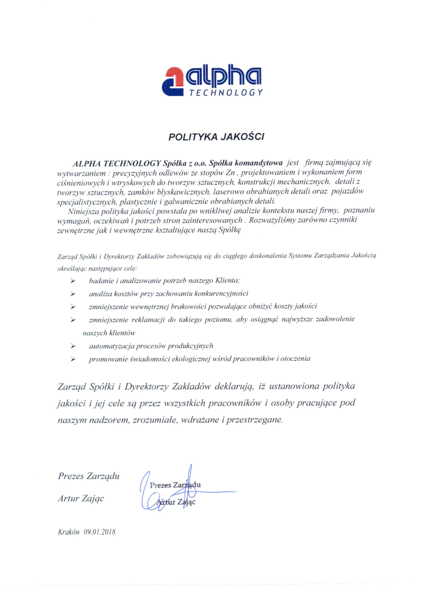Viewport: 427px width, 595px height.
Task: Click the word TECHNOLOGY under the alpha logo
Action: point(226,93)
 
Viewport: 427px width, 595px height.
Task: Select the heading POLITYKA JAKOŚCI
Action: point(216,138)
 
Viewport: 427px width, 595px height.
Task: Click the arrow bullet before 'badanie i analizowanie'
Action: point(73,281)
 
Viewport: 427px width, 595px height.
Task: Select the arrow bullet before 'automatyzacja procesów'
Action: point(73,346)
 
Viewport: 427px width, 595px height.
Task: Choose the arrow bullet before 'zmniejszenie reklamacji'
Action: point(73,320)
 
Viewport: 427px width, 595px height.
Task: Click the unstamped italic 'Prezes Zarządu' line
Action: point(89,476)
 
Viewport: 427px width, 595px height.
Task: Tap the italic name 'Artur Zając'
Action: point(81,498)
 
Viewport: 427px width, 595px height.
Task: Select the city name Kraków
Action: point(69,532)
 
